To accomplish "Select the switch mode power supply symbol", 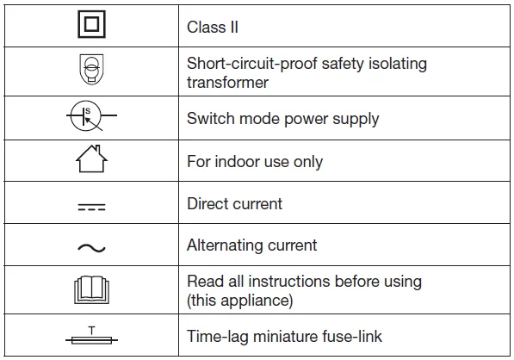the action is click(91, 115).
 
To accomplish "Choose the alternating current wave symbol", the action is click(91, 248).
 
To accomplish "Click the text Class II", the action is click(213, 27).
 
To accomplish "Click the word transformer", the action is click(227, 83).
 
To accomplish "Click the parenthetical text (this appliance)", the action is click(239, 301).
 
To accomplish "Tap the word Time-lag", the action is click(217, 337).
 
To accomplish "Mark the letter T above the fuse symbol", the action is click(91, 330).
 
